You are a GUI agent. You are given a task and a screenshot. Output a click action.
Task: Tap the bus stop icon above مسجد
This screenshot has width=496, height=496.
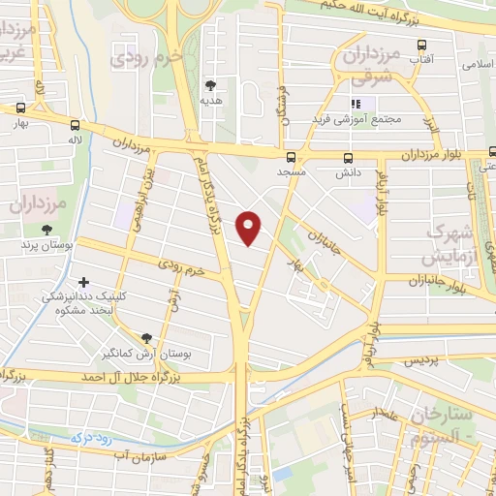(x=291, y=157)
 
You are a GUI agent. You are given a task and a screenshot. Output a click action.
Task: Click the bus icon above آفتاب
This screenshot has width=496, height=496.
(x=421, y=45)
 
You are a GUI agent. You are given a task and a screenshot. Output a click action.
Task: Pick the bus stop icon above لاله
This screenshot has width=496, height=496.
(x=76, y=125)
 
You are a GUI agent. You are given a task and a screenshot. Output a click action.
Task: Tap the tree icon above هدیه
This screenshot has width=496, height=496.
(x=211, y=85)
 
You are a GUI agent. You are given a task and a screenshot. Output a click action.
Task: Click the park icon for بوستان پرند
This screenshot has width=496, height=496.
(x=46, y=230)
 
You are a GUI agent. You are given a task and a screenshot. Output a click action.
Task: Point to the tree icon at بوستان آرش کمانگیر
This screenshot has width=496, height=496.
(x=146, y=338)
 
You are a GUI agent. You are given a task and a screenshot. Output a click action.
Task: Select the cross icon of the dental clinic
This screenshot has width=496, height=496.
(x=82, y=281)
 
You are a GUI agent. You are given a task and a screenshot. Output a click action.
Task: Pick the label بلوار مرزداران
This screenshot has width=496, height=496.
(x=435, y=155)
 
